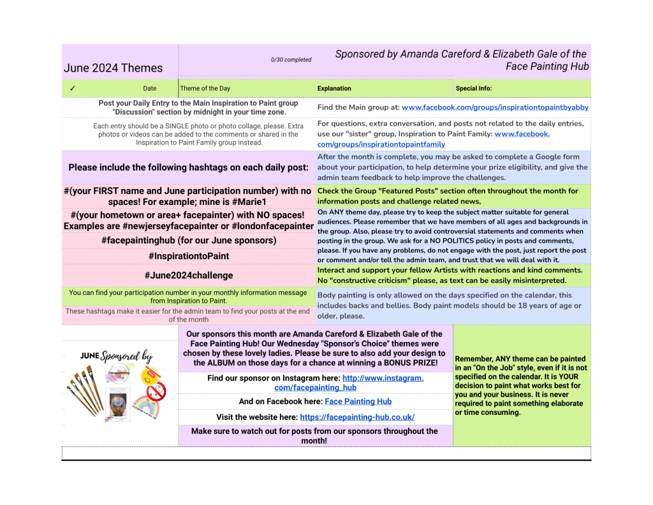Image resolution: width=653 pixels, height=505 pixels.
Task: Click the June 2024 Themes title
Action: pyautogui.click(x=113, y=68)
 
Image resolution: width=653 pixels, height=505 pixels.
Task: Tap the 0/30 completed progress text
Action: pyautogui.click(x=291, y=60)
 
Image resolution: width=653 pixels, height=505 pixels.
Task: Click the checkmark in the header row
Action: pyautogui.click(x=73, y=88)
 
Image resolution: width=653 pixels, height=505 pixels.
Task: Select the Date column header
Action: pyautogui.click(x=150, y=89)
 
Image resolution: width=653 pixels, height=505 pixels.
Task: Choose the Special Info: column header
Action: pyautogui.click(x=474, y=89)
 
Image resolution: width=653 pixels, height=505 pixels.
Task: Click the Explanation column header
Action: pyautogui.click(x=334, y=89)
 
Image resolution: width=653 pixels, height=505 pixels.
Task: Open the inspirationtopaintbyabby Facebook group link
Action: pyautogui.click(x=495, y=108)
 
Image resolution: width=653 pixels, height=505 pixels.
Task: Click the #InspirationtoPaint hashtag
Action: pyautogui.click(x=188, y=256)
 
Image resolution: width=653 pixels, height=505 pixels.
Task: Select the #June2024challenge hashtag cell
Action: pyautogui.click(x=188, y=275)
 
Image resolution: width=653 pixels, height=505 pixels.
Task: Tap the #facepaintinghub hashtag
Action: pyautogui.click(x=188, y=241)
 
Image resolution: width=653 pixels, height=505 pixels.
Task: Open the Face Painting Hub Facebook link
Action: pyautogui.click(x=358, y=402)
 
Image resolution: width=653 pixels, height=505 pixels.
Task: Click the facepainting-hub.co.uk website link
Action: pyautogui.click(x=357, y=417)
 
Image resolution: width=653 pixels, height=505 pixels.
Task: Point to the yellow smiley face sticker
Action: pyautogui.click(x=149, y=379)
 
